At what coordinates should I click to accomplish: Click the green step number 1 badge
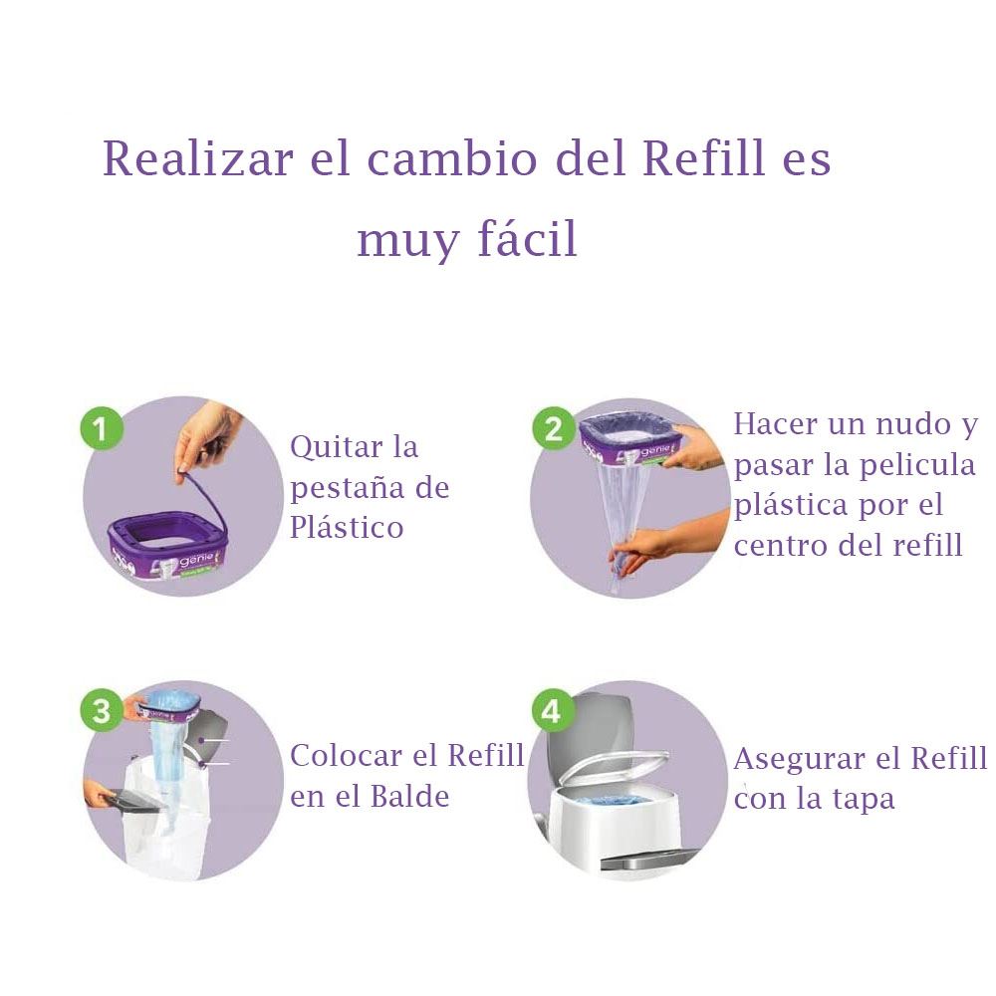coord(102,428)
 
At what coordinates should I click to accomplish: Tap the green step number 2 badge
coord(553,428)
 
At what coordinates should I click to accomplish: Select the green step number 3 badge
coord(102,710)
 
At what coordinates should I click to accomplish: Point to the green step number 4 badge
coord(552,710)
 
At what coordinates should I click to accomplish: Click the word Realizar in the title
coord(198,158)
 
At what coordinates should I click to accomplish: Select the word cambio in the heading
coord(452,158)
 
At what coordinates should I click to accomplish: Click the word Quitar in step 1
coord(336,447)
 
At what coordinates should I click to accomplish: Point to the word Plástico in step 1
coord(347,528)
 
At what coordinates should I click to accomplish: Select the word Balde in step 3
coord(409,796)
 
